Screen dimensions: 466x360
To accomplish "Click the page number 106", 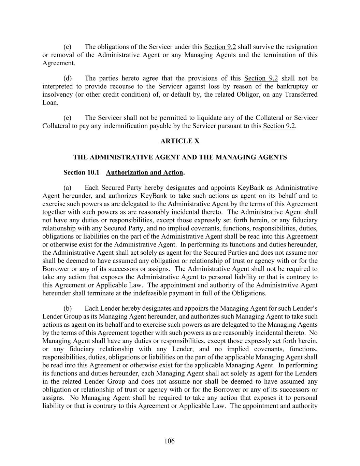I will point(169,441).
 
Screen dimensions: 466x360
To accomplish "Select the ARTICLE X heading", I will point(180,141).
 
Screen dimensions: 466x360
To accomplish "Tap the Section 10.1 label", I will point(81,172).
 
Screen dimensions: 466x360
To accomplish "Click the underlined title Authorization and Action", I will point(144,172).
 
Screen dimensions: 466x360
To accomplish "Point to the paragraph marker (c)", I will point(67,47).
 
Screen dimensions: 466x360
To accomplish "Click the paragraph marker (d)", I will point(67,78).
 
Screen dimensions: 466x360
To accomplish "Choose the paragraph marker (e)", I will point(67,118).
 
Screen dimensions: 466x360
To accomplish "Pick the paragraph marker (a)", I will point(67,187).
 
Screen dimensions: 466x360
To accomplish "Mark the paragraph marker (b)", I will point(67,308).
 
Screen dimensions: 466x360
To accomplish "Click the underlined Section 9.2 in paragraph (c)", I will point(220,47).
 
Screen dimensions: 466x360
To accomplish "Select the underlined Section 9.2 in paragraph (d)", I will point(261,78).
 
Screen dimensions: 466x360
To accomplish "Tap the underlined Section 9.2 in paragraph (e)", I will point(278,126).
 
